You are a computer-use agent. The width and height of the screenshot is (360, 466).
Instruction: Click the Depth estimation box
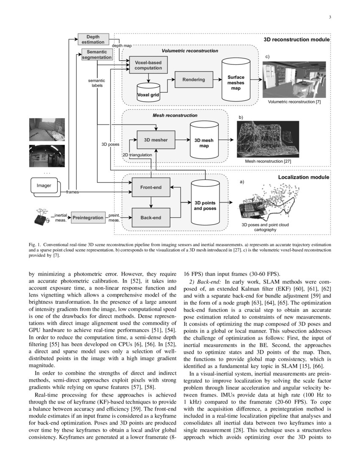coord(93,39)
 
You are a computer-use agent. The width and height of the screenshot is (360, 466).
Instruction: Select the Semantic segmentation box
coord(97,54)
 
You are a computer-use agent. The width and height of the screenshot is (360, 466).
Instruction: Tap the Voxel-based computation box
coord(148,65)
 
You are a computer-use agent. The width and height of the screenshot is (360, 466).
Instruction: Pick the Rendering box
coord(194,80)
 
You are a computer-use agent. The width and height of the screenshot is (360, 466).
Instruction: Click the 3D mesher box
coord(156,140)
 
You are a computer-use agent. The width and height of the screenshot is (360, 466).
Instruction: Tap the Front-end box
coord(151,187)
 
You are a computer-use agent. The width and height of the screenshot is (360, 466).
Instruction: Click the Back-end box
coord(151,218)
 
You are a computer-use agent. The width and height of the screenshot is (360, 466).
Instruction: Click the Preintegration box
coord(88,218)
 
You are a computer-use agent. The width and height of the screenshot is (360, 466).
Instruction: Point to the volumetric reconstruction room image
coord(294,80)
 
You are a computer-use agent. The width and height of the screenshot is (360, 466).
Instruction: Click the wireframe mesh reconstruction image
coord(268,139)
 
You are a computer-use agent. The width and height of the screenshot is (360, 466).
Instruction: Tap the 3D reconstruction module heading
coord(296,39)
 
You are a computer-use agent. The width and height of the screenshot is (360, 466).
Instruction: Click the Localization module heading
coord(303,177)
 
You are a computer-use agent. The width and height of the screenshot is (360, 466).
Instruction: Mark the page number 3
coord(329,17)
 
